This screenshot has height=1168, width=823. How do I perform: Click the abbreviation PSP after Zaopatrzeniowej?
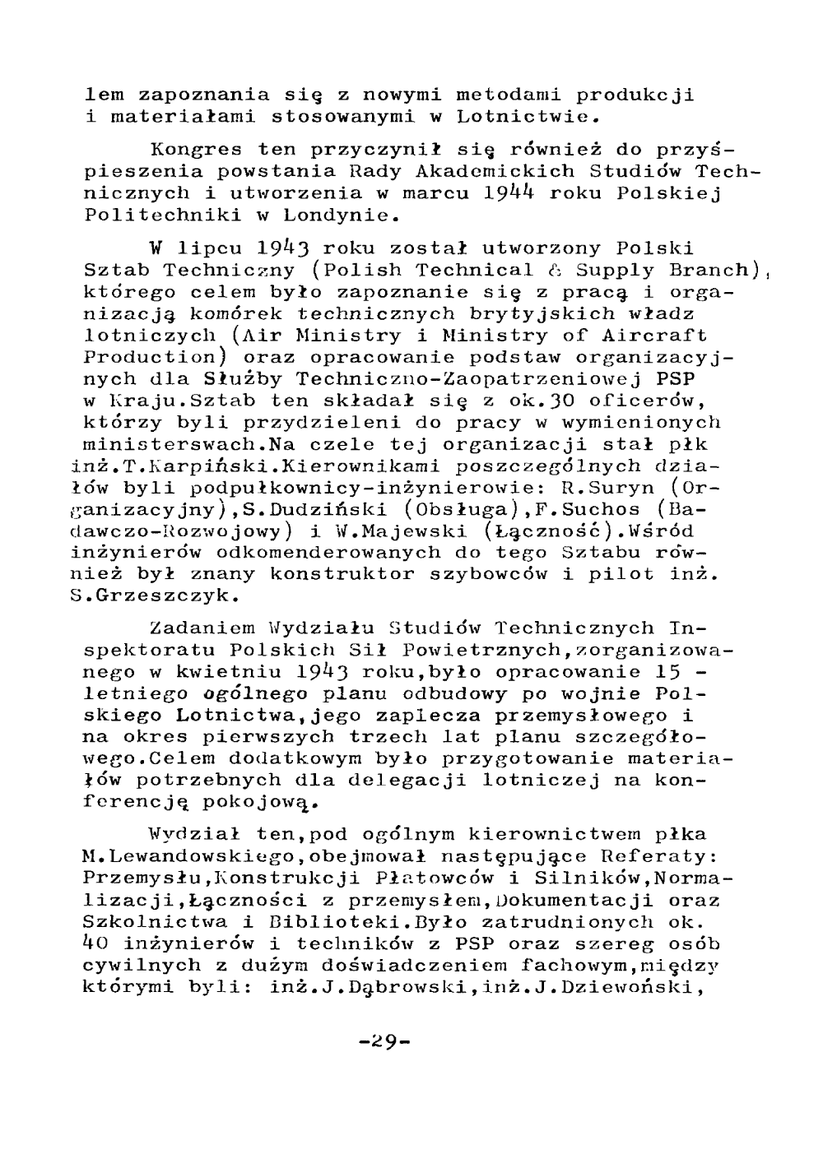click(x=677, y=379)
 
